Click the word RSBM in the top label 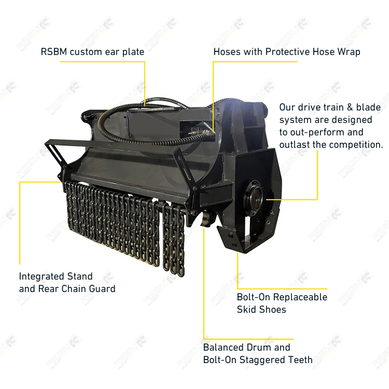[54, 52]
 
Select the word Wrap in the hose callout [349, 52]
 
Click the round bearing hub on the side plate [255, 195]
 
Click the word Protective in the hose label [288, 52]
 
